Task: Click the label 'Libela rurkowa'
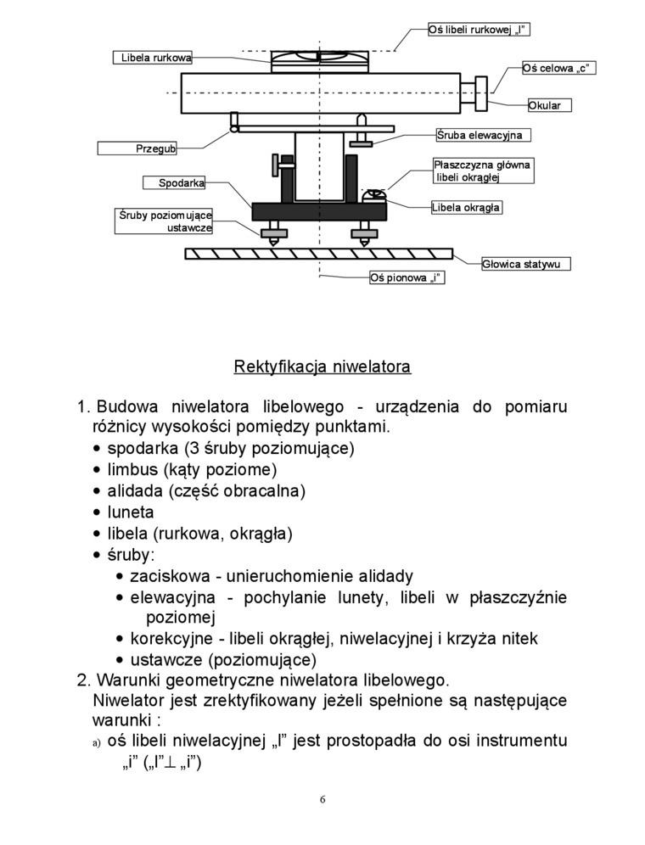tap(152, 58)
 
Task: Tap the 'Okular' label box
tap(549, 106)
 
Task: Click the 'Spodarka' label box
tap(182, 182)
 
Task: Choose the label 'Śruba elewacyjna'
tap(483, 135)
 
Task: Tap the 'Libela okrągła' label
tap(465, 207)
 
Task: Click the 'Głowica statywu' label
tap(525, 264)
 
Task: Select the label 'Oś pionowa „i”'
tap(407, 277)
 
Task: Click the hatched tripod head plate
tap(319, 253)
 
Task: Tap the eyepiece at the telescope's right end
tap(481, 92)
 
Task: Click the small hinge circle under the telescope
tap(234, 129)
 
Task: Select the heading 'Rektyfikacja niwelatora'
tap(322, 367)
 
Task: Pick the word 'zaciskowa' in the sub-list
tap(166, 576)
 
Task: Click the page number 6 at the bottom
tap(322, 799)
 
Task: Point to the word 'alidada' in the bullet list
tap(136, 491)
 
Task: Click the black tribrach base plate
tap(319, 210)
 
